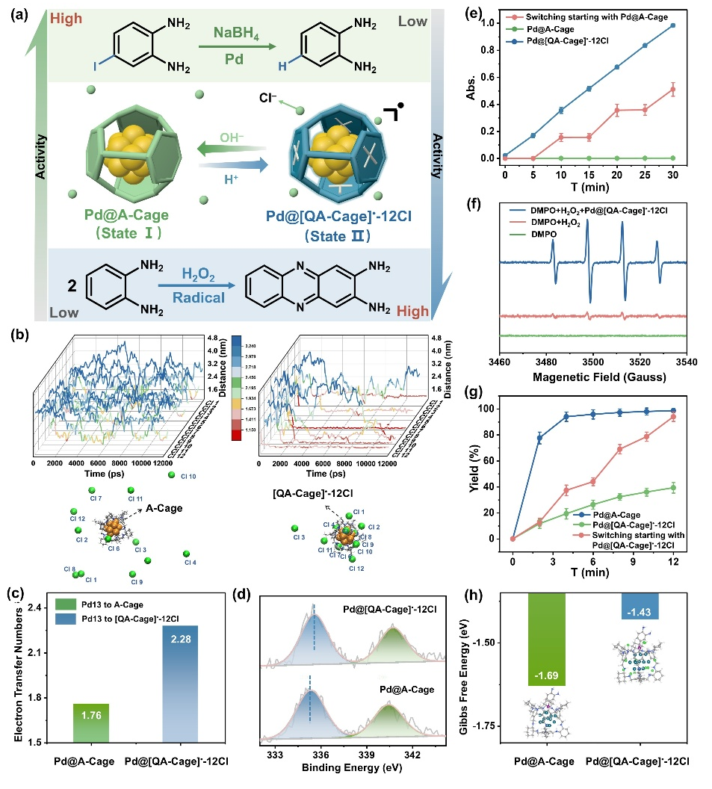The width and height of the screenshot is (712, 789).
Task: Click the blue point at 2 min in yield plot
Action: click(x=539, y=438)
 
